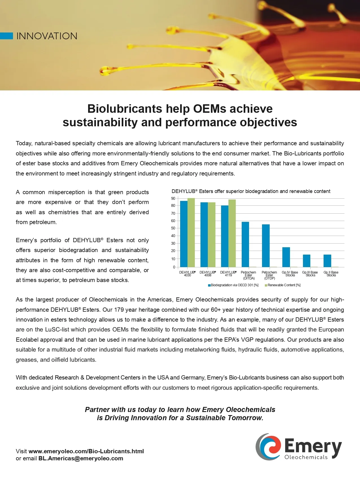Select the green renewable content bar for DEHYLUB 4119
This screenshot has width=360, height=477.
click(x=232, y=233)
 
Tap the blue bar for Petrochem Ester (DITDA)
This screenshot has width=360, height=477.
click(x=245, y=244)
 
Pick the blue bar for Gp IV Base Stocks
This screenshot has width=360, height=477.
click(x=286, y=257)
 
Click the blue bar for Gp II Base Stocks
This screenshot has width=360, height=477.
click(x=327, y=261)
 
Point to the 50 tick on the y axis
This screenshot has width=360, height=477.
click(x=173, y=228)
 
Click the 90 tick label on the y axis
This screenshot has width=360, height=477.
click(x=173, y=198)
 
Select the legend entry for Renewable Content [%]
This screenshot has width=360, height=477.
click(x=282, y=285)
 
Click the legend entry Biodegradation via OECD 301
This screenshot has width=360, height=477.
click(x=233, y=285)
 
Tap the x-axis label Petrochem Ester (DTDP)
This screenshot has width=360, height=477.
click(x=269, y=275)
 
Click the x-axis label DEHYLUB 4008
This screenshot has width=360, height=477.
click(x=208, y=274)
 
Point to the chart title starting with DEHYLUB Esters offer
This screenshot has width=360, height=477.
click(x=251, y=191)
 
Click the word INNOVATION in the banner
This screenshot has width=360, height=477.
click(x=47, y=36)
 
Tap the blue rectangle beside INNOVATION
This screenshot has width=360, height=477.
click(x=6, y=36)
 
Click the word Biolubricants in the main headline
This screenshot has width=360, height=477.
click(x=124, y=109)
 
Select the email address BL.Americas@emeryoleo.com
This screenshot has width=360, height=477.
click(x=81, y=458)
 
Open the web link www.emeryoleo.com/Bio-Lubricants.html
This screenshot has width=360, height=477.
click(x=86, y=451)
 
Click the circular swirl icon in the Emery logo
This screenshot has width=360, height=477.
click(x=269, y=446)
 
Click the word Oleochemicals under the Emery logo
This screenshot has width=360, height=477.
click(x=306, y=457)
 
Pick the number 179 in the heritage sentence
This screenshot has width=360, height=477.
click(x=119, y=310)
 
